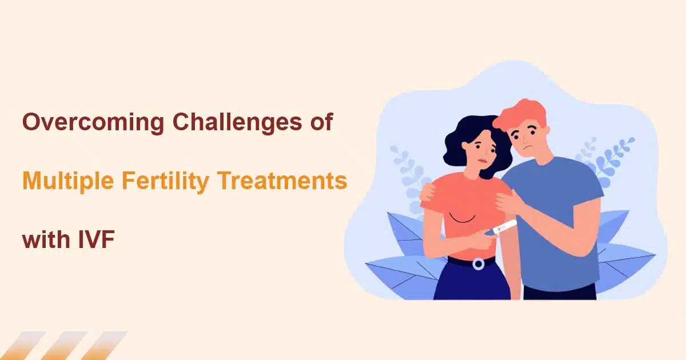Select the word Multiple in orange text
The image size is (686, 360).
(68, 181)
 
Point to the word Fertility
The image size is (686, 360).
(165, 181)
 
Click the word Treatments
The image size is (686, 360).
(282, 181)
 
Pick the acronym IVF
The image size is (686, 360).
(97, 239)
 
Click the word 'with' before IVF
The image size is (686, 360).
(46, 239)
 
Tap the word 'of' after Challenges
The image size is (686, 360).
(321, 122)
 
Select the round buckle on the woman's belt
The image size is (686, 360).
(478, 264)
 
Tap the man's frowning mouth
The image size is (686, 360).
(527, 148)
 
